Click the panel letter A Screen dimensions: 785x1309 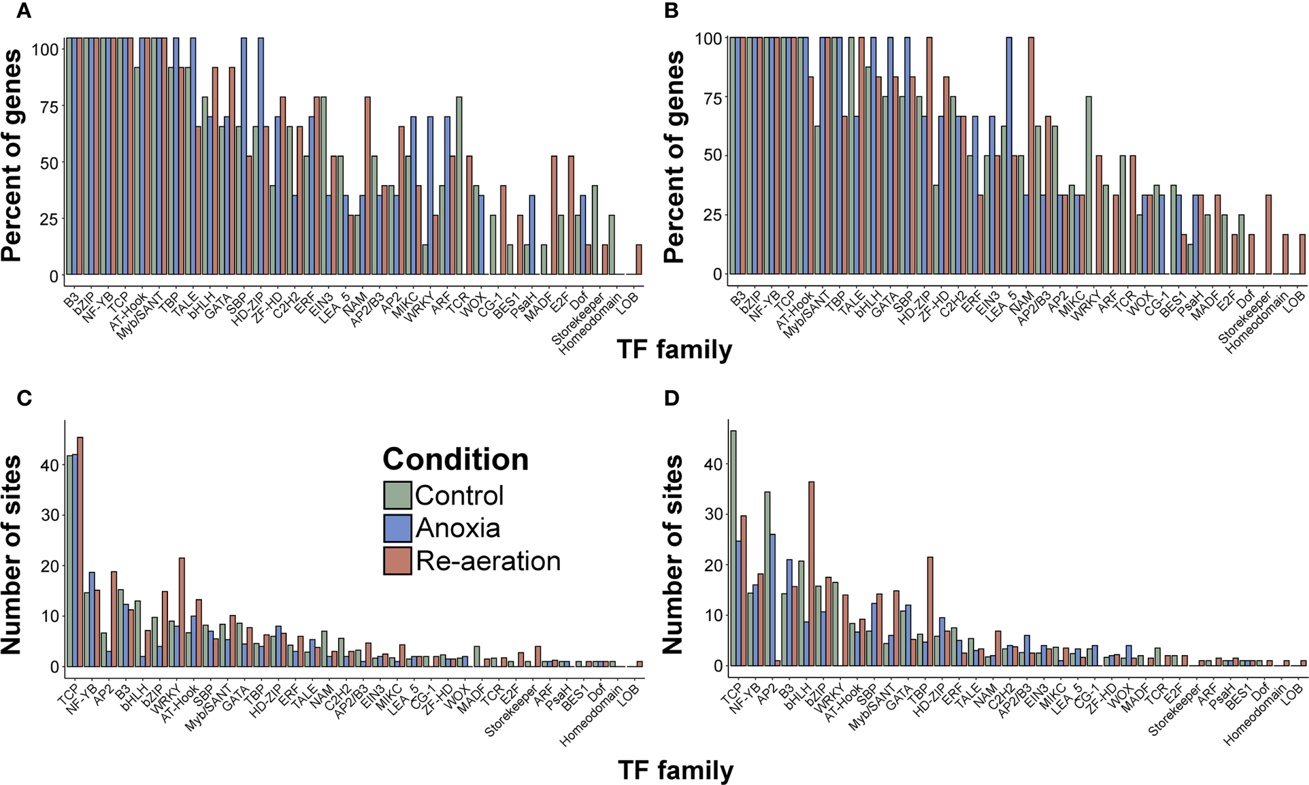pos(24,11)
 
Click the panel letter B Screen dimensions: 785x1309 pos(671,11)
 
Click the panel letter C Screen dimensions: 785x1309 pos(24,398)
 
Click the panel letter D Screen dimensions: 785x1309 pos(671,398)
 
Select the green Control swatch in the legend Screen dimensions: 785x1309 pos(397,495)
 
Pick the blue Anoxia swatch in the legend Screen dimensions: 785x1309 pos(397,528)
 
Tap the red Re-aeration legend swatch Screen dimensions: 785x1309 pos(397,560)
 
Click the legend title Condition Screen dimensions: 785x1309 pos(456,459)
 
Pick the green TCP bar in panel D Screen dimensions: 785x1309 pos(733,547)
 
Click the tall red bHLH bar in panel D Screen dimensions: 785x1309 pos(811,574)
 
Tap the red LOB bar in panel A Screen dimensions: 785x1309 pos(639,260)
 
